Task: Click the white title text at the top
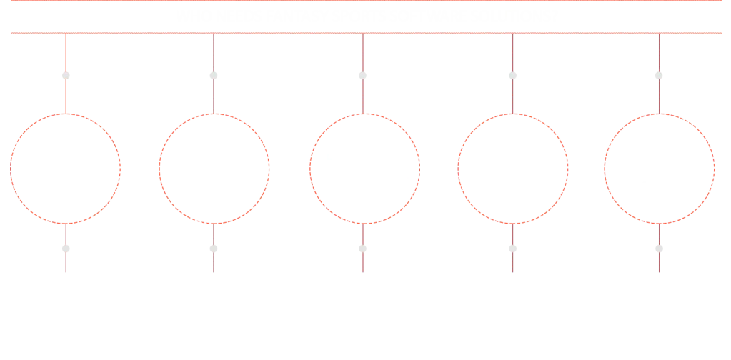[366, 14]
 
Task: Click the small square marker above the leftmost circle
[66, 74]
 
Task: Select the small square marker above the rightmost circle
[658, 74]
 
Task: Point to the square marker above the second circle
[213, 74]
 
